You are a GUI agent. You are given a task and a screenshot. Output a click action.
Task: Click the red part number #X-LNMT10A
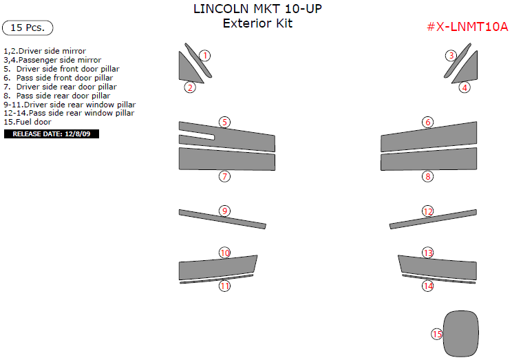(467, 27)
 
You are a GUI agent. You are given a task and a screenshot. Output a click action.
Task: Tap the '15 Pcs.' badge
(28, 28)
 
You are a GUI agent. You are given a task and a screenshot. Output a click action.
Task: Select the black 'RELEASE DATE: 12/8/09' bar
(51, 134)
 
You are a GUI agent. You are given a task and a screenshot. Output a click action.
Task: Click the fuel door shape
(461, 334)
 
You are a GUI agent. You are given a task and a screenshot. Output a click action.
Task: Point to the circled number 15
(437, 334)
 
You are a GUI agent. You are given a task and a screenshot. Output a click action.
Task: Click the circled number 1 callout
(205, 56)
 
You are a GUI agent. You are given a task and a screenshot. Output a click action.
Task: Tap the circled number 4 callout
(465, 87)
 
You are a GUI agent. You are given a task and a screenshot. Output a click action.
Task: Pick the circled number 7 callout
(224, 176)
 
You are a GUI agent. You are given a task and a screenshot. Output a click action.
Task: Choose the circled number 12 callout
(428, 211)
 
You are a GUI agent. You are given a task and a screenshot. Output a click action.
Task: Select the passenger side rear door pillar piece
(429, 160)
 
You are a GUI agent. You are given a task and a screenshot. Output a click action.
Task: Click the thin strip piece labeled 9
(222, 219)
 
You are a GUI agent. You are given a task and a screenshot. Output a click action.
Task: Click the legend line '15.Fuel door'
(28, 122)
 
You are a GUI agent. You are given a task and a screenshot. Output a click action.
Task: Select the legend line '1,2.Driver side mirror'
(45, 51)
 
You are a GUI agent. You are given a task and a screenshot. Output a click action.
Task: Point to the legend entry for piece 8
(57, 96)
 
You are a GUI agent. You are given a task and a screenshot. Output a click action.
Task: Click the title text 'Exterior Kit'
(257, 23)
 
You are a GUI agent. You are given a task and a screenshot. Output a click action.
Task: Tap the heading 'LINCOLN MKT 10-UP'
(257, 9)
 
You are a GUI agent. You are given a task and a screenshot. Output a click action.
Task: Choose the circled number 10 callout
(224, 253)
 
